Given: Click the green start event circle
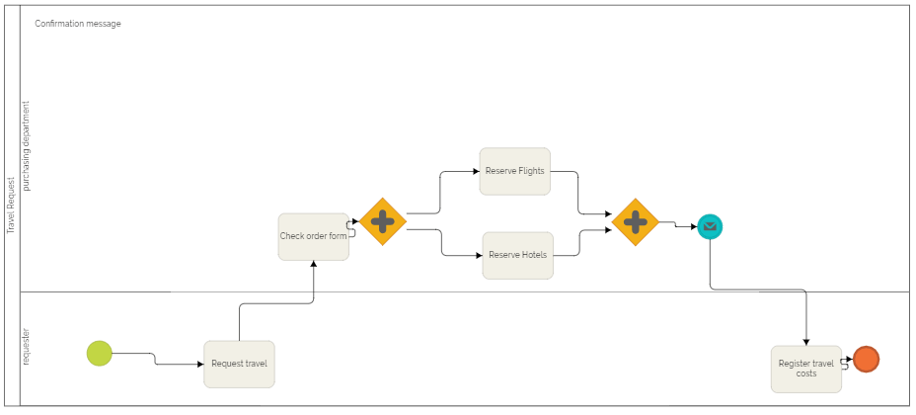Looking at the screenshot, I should (100, 353).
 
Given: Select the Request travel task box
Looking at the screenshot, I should (239, 364).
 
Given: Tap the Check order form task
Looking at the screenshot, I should (313, 236).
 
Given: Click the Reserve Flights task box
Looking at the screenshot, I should (514, 171).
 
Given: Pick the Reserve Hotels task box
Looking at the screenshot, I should (517, 255).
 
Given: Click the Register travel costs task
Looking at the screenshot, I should (805, 369).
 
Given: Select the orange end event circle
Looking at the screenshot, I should (866, 360).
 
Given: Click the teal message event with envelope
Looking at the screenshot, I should (709, 227).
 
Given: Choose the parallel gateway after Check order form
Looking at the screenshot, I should (383, 221).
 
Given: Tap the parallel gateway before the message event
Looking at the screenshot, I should (636, 222).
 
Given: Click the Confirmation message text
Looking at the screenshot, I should (78, 24).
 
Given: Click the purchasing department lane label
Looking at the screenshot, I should (27, 146).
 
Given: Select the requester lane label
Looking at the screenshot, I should (27, 348).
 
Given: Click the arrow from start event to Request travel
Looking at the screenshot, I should (155, 360).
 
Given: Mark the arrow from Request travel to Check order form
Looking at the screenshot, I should (276, 303).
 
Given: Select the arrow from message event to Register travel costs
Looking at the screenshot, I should (760, 290).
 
